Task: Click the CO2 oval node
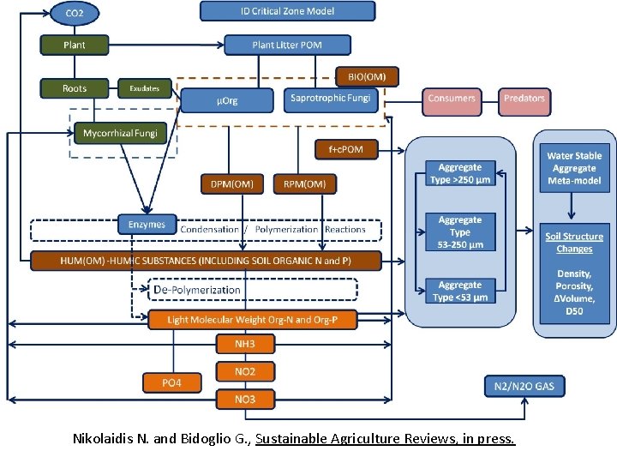point(75,14)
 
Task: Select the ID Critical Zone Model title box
point(288,11)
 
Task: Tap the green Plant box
point(75,45)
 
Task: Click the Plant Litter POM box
point(287,45)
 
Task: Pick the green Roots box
point(75,88)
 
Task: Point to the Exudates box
point(145,88)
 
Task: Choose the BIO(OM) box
point(367,76)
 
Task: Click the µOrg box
point(227,100)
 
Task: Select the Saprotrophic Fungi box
point(330,99)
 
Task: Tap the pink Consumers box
point(452,99)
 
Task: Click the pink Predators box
point(524,99)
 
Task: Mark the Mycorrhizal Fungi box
point(121,134)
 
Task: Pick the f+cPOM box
point(345,149)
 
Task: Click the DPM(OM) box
point(231,183)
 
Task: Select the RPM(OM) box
point(304,183)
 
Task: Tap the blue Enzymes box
point(147,225)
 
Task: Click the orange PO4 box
point(172,382)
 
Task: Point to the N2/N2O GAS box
point(524,387)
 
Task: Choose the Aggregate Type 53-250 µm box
point(460,232)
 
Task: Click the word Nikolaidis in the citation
point(106,439)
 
